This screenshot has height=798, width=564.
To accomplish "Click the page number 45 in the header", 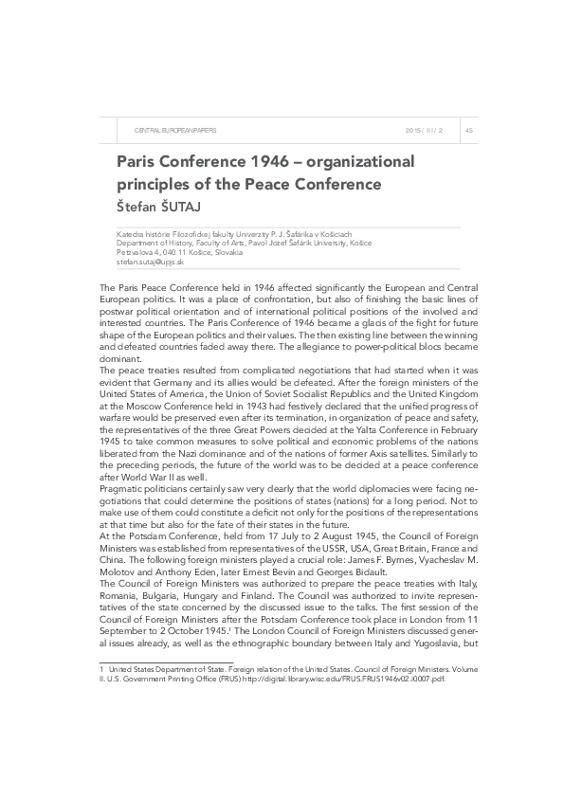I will (468, 129).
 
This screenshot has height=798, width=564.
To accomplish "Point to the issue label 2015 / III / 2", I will (424, 129).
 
